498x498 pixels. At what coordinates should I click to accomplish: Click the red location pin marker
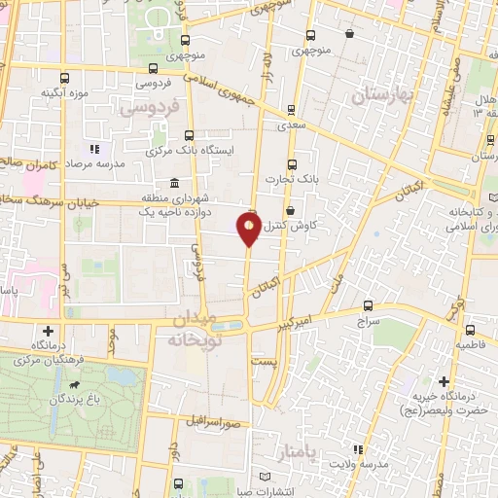[x=249, y=230]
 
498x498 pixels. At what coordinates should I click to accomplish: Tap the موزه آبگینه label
[x=64, y=93]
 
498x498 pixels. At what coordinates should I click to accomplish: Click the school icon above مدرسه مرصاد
[x=94, y=149]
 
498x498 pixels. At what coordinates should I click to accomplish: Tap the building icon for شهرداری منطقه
[x=174, y=184]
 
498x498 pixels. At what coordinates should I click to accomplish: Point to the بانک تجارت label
[x=292, y=180]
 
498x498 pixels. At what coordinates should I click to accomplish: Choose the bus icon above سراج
[x=367, y=304]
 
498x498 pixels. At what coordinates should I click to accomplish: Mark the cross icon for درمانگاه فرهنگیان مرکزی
[x=48, y=331]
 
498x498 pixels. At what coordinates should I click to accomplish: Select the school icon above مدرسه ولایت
[x=359, y=449]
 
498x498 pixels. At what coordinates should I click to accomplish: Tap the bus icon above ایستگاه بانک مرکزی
[x=189, y=136]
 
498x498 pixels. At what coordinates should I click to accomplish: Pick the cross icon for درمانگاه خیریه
[x=444, y=381]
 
